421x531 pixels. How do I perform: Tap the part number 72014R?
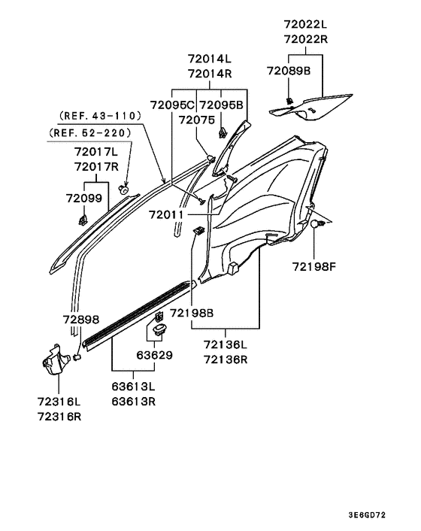pos(210,74)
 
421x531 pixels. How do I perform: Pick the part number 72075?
pos(198,120)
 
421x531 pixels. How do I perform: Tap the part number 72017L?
pos(97,152)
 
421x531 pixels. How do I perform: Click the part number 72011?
pos(166,215)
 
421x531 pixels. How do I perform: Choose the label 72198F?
pos(315,266)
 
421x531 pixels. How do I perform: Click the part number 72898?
pos(81,320)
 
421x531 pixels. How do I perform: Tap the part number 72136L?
pos(225,344)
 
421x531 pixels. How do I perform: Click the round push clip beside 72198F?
pos(317,224)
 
